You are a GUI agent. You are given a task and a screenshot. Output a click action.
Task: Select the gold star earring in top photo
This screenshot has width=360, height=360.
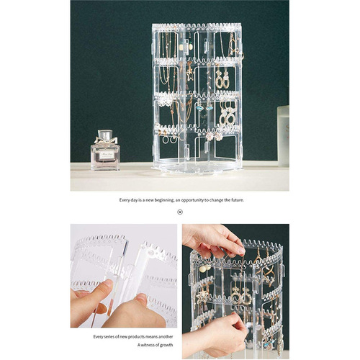[x=189, y=72]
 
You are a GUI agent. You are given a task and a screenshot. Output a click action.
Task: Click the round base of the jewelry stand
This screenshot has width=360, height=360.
[x=196, y=166]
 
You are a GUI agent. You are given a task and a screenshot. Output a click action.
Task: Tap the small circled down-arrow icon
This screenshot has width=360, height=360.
[x=180, y=212]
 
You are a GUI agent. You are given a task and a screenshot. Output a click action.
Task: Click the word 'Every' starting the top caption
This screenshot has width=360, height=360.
[x=125, y=199]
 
